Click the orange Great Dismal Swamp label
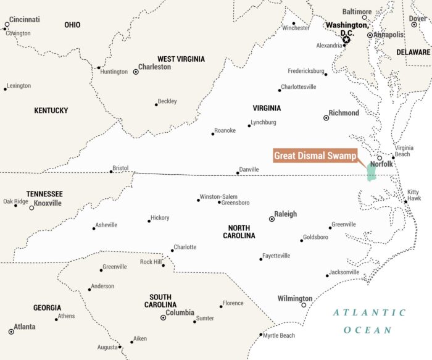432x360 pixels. click(315, 156)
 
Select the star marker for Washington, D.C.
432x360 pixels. click(346, 40)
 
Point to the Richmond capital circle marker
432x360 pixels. click(326, 118)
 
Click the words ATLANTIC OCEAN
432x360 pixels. click(369, 321)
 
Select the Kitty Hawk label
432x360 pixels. click(413, 195)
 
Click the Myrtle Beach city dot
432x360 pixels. click(261, 335)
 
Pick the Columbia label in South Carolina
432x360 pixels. click(180, 313)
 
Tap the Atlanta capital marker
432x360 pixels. click(11, 332)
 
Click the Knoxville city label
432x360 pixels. click(48, 203)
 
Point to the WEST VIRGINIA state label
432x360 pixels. click(181, 59)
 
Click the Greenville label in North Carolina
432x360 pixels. click(344, 224)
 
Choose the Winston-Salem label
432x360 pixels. click(218, 196)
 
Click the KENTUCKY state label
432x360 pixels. click(51, 111)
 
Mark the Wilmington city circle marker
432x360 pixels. click(304, 305)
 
